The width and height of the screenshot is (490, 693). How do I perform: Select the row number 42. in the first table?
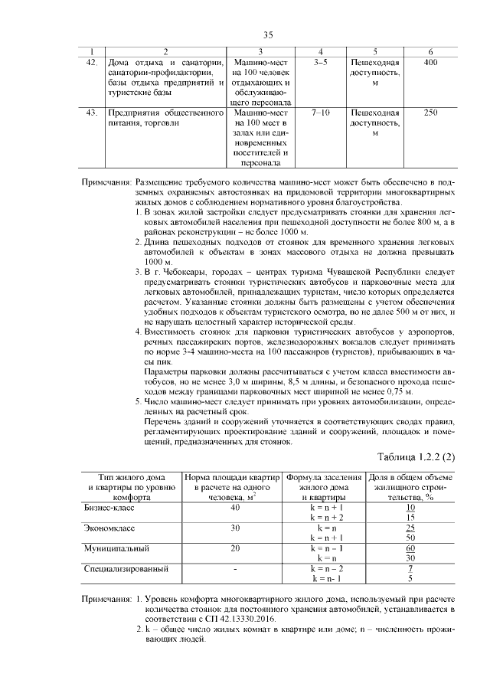click(91, 62)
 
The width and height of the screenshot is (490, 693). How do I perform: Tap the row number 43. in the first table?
click(91, 113)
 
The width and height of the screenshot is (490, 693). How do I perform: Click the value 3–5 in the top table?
click(321, 62)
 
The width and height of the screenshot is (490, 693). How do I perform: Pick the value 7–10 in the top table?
click(321, 113)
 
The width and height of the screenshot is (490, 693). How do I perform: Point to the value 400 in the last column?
click(431, 62)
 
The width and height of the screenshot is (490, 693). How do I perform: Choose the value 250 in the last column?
click(431, 113)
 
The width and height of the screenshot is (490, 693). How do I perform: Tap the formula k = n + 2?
click(327, 518)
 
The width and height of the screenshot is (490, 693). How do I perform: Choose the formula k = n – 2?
click(327, 570)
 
